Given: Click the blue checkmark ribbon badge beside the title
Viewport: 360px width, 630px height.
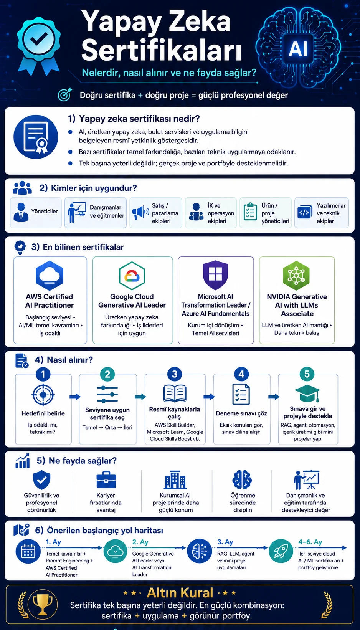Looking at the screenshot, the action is click(38, 45).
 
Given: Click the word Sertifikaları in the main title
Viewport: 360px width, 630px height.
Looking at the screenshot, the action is click(162, 50).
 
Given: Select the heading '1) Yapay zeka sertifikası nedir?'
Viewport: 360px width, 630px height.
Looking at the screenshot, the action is click(134, 119).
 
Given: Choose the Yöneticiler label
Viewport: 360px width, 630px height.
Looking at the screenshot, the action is click(45, 211).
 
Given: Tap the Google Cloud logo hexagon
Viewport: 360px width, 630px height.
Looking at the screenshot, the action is click(132, 276).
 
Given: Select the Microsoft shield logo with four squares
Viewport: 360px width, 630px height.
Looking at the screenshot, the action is click(215, 275).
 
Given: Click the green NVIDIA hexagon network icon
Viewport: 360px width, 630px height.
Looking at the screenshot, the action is click(296, 275).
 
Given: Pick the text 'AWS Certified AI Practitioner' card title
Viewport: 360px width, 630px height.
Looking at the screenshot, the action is click(50, 301).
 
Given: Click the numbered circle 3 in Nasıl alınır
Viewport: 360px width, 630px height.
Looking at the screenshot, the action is click(175, 374).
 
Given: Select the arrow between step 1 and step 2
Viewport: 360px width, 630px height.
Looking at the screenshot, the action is click(75, 397).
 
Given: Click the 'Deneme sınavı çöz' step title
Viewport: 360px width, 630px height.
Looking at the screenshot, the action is click(241, 413).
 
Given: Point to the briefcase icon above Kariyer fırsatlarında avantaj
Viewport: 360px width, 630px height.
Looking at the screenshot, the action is click(106, 480).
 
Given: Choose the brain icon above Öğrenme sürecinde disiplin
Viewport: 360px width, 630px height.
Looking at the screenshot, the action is click(242, 480).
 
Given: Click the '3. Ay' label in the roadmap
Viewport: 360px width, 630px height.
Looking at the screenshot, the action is click(225, 542).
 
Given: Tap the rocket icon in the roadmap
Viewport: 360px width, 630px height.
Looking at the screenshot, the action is click(281, 551).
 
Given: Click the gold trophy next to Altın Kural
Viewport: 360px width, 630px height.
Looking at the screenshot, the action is click(43, 604).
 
